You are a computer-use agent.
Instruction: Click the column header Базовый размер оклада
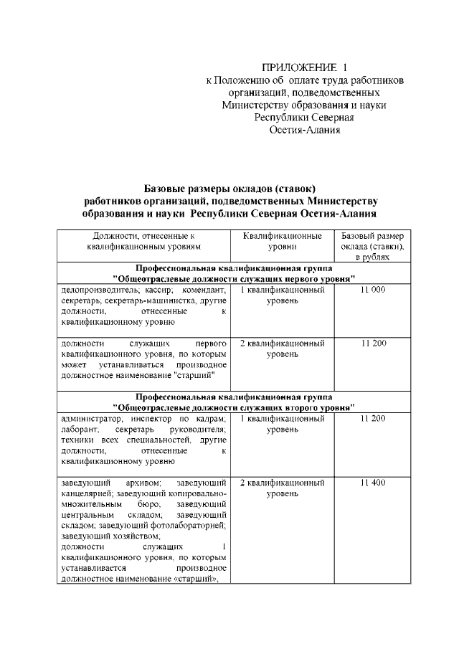coord(372,246)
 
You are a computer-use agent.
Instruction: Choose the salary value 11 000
coord(372,290)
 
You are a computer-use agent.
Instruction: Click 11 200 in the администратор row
coord(372,418)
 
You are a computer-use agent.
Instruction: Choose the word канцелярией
coord(87,493)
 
